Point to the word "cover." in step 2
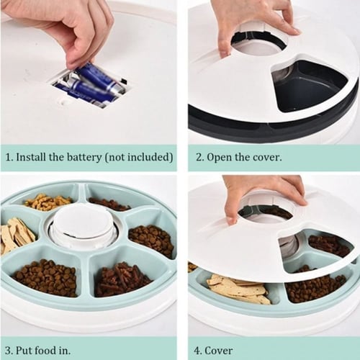(269, 157)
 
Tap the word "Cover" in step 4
(219, 351)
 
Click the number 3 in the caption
(8, 351)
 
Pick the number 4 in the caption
(197, 351)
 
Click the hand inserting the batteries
(79, 34)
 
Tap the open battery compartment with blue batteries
(90, 88)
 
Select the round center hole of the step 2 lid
(258, 44)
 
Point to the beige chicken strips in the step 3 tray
(17, 235)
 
